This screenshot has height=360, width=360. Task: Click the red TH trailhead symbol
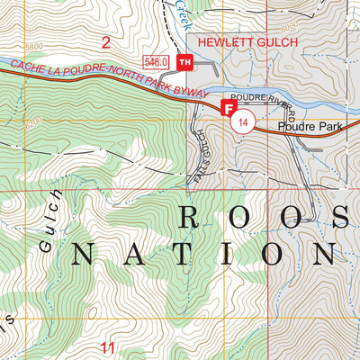click(184, 61)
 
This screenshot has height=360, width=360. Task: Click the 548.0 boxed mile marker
click(157, 61)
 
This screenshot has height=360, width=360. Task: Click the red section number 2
click(106, 41)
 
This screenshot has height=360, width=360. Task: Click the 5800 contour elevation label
click(35, 46)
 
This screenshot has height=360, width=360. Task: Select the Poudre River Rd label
click(262, 104)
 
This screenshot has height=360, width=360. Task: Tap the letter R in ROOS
click(192, 217)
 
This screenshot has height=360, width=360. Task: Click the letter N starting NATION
click(84, 254)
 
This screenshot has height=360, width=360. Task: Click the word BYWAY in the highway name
click(192, 93)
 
